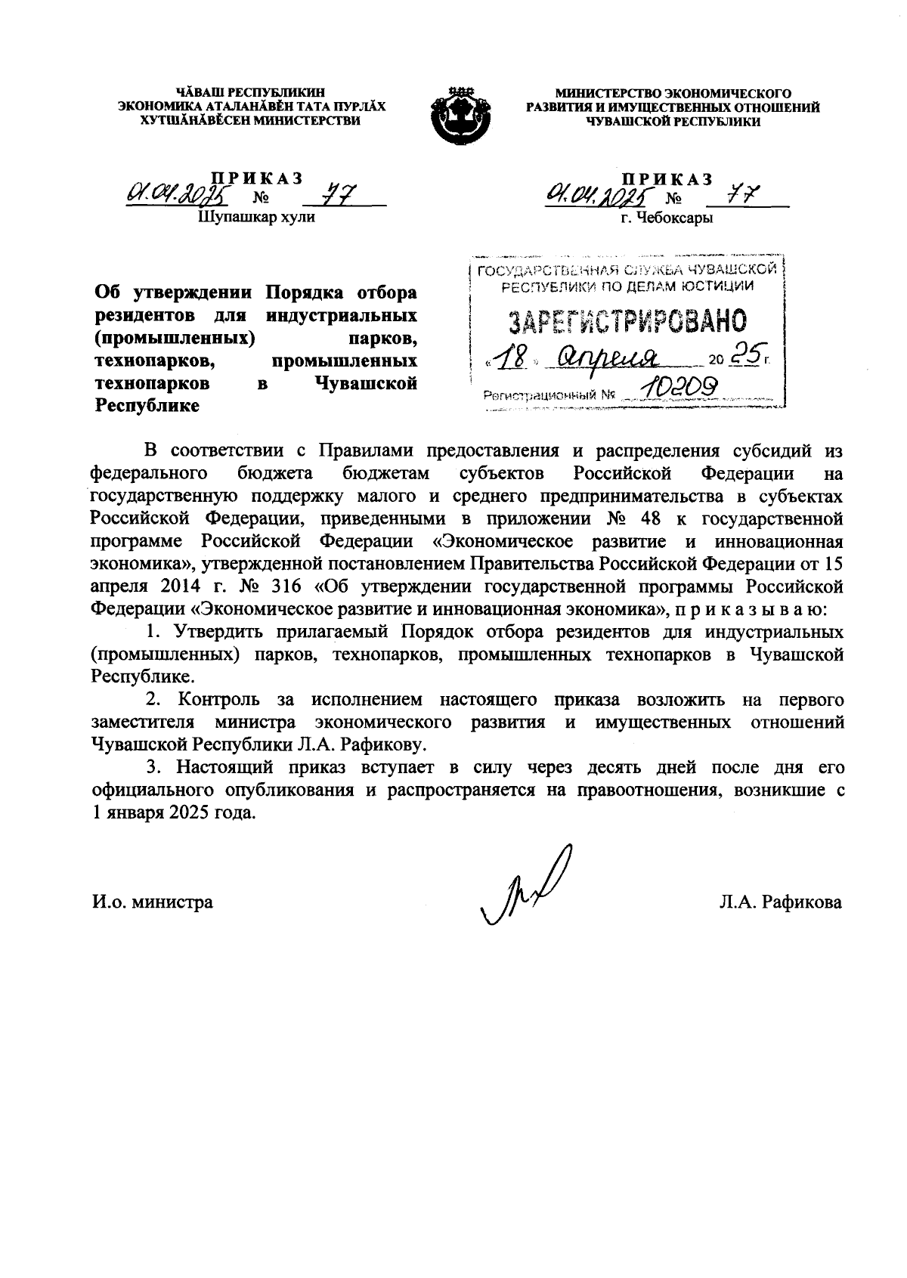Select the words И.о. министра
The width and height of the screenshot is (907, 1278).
152,902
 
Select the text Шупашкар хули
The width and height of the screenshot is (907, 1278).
255,218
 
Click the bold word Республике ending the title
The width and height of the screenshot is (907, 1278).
147,406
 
